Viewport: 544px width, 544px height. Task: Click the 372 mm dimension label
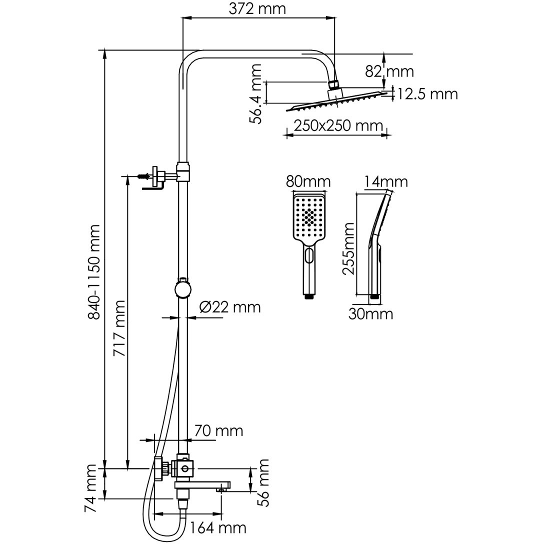[x=257, y=8]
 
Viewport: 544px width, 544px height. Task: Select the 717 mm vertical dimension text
[x=119, y=327]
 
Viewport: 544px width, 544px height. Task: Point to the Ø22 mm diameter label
[x=229, y=306]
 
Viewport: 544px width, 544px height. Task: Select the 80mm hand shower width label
[x=307, y=181]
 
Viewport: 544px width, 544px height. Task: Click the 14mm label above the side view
[x=385, y=181]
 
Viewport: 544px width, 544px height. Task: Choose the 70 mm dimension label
[x=218, y=430]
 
